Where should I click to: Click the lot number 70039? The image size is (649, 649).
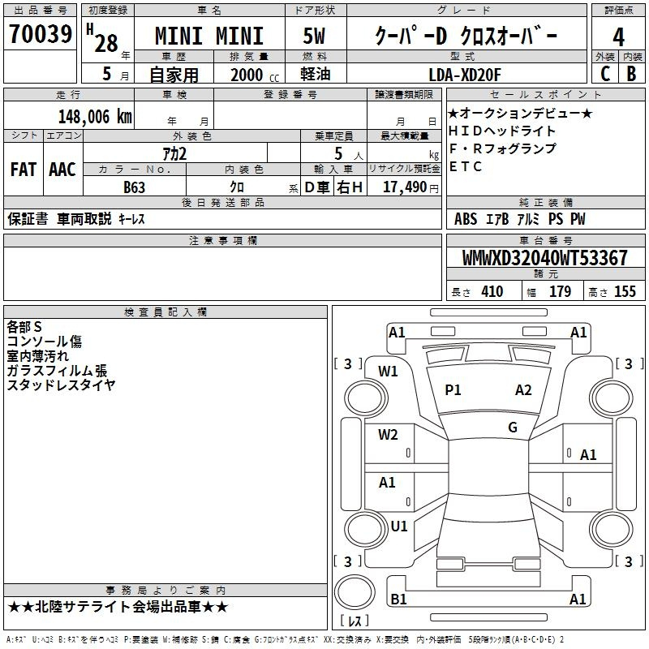click(41, 34)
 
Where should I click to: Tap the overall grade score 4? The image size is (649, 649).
click(618, 37)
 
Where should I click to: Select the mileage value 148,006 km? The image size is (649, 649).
click(95, 117)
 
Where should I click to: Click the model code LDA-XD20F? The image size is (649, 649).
click(465, 75)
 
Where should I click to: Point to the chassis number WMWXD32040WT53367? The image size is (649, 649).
click(544, 258)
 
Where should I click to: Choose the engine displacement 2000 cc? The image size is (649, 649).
click(255, 75)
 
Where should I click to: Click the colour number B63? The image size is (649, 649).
click(134, 187)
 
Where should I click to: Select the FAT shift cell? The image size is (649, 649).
click(24, 170)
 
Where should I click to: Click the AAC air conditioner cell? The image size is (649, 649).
click(62, 170)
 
